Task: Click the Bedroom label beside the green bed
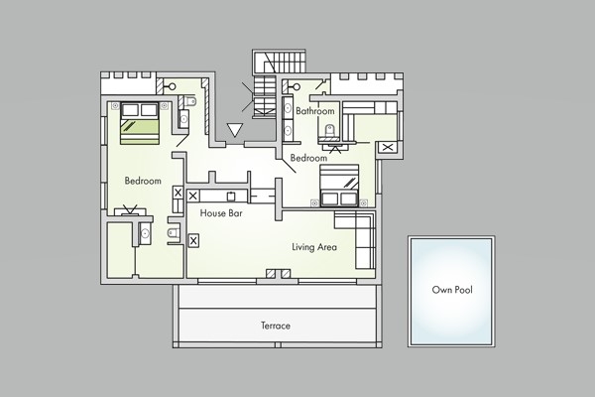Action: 143,181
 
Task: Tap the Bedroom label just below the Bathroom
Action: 308,158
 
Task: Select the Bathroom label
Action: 315,111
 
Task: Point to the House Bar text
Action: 221,213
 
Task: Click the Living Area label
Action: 314,247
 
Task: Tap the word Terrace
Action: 276,326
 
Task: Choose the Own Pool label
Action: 452,290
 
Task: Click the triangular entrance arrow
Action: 235,130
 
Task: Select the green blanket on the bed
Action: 140,131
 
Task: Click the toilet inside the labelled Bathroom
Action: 329,131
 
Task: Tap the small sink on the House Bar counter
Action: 231,197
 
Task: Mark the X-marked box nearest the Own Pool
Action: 388,147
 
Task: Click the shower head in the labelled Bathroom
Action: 296,87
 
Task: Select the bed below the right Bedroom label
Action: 339,186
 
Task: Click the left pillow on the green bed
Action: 130,110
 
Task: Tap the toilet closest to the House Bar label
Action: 173,231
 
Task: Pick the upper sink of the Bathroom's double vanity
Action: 288,107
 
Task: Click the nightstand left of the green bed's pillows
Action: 115,106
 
